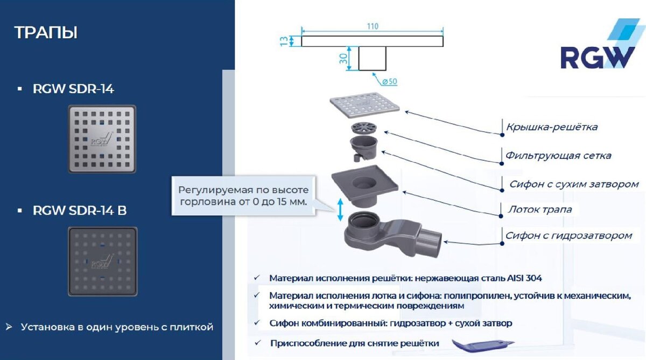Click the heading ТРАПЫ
(46, 32)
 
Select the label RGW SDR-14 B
(80, 211)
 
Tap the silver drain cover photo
(102, 138)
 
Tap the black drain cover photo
(102, 261)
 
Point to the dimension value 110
(373, 26)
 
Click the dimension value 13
(284, 41)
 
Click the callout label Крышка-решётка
(552, 127)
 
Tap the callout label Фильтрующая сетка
(558, 156)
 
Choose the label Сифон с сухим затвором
(574, 184)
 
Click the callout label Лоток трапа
(540, 209)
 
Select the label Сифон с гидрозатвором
(568, 235)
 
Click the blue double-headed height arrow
(340, 209)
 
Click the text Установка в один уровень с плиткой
(117, 327)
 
